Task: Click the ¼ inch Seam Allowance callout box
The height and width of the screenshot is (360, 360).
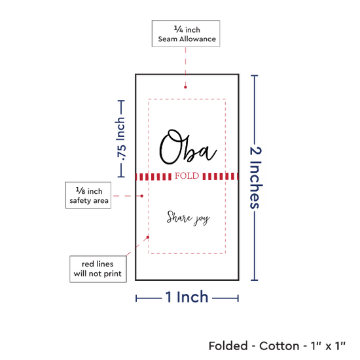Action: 186,34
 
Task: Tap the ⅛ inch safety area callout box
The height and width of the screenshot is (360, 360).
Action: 88,196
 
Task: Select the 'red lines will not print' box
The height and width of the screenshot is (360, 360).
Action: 98,269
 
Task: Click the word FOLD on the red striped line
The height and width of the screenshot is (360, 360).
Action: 187,176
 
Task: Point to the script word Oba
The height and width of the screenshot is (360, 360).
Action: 188,147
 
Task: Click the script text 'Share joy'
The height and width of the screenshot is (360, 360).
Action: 189,218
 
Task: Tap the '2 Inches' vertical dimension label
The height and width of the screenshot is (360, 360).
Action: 255,177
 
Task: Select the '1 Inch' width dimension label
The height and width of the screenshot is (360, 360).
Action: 187,297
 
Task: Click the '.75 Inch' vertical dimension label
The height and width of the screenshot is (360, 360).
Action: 121,139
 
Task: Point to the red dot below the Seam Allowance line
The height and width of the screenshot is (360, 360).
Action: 185,87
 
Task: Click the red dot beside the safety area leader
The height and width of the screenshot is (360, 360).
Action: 142,196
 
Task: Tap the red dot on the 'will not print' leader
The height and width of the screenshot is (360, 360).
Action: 148,237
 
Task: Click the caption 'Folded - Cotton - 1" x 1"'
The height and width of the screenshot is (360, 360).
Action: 277,346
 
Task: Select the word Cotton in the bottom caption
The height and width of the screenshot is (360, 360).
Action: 279,346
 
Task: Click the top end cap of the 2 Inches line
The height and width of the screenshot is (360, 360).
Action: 255,75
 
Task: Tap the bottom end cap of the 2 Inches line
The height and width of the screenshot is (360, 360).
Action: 255,280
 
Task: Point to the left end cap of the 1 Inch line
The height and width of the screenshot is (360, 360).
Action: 136,298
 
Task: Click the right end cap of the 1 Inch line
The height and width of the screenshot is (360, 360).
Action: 238,298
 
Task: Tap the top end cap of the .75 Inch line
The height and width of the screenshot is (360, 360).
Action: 121,101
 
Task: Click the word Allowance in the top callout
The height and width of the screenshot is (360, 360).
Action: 198,39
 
